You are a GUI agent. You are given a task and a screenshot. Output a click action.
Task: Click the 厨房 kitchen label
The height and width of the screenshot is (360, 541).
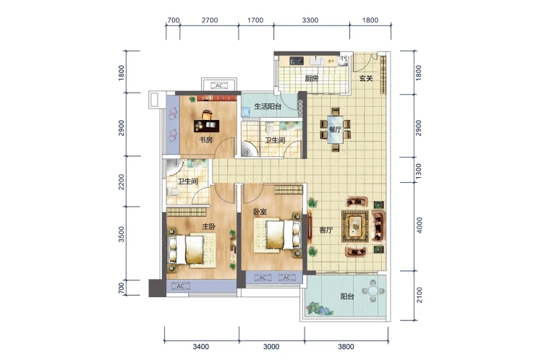312,79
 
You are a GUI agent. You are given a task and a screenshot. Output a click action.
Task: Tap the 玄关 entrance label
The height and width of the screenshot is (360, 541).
366,78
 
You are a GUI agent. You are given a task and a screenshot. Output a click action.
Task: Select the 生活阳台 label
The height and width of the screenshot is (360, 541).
268,106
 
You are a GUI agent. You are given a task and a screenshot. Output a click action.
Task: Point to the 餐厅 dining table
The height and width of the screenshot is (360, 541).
335,129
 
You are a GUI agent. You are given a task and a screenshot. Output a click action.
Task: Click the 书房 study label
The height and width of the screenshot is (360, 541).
206,140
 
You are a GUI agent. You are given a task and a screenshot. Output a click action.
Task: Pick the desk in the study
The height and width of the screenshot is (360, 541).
207,126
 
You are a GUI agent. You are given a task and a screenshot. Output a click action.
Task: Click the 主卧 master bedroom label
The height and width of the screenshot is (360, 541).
209,226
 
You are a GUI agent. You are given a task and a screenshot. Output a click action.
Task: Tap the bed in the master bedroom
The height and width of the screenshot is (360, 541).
189,249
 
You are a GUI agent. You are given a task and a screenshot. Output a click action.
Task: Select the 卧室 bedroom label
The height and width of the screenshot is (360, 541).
260,211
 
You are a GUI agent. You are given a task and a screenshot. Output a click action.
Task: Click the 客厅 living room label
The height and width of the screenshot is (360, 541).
325,230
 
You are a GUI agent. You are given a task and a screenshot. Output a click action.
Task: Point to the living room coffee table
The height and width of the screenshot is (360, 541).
355,226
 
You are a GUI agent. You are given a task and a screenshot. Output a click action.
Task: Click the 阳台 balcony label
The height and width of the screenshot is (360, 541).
347,296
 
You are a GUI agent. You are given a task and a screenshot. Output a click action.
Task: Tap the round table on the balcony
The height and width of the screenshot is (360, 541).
373,291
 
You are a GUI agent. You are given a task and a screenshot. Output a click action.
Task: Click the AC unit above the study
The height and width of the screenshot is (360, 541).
219,85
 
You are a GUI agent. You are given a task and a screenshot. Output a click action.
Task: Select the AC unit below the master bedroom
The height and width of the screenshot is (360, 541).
180,286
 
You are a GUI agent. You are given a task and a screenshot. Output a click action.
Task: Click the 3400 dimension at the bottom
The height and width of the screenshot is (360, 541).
201,346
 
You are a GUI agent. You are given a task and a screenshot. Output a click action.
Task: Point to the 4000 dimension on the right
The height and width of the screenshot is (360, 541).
419,225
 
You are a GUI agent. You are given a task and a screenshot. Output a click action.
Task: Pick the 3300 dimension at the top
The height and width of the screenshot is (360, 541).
310,20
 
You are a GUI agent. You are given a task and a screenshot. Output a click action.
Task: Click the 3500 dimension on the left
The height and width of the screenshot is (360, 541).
122,234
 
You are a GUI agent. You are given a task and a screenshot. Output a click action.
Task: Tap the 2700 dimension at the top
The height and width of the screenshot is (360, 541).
210,20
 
